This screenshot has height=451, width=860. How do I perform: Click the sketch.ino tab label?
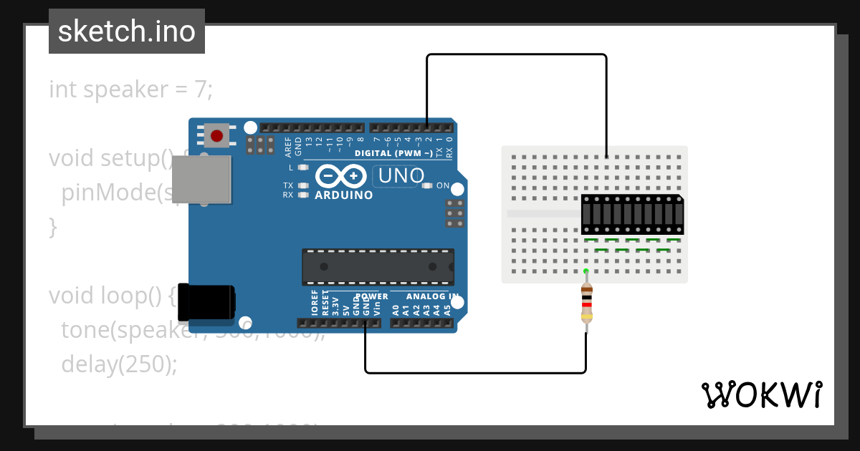(x=127, y=31)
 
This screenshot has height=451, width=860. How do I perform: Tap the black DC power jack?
(x=206, y=301)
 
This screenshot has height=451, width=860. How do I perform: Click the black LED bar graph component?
(x=632, y=214)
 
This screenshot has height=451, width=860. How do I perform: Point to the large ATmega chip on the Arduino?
(x=378, y=266)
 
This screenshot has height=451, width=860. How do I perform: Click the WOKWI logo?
(x=761, y=394)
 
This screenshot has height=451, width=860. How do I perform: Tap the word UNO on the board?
(x=401, y=175)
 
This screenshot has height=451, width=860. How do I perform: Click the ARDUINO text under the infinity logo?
(x=344, y=195)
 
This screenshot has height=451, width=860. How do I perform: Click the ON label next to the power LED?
(x=443, y=186)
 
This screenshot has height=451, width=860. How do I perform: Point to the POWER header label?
(x=371, y=296)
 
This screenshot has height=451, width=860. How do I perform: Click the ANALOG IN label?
(x=432, y=296)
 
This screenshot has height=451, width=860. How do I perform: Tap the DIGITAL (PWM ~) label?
(x=393, y=153)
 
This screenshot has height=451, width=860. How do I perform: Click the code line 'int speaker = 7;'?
(x=130, y=90)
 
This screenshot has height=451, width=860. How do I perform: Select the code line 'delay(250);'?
(x=118, y=364)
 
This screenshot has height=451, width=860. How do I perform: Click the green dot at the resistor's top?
(x=586, y=271)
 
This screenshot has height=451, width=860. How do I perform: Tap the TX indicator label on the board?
(x=287, y=185)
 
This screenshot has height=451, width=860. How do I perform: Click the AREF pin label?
(x=288, y=146)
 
